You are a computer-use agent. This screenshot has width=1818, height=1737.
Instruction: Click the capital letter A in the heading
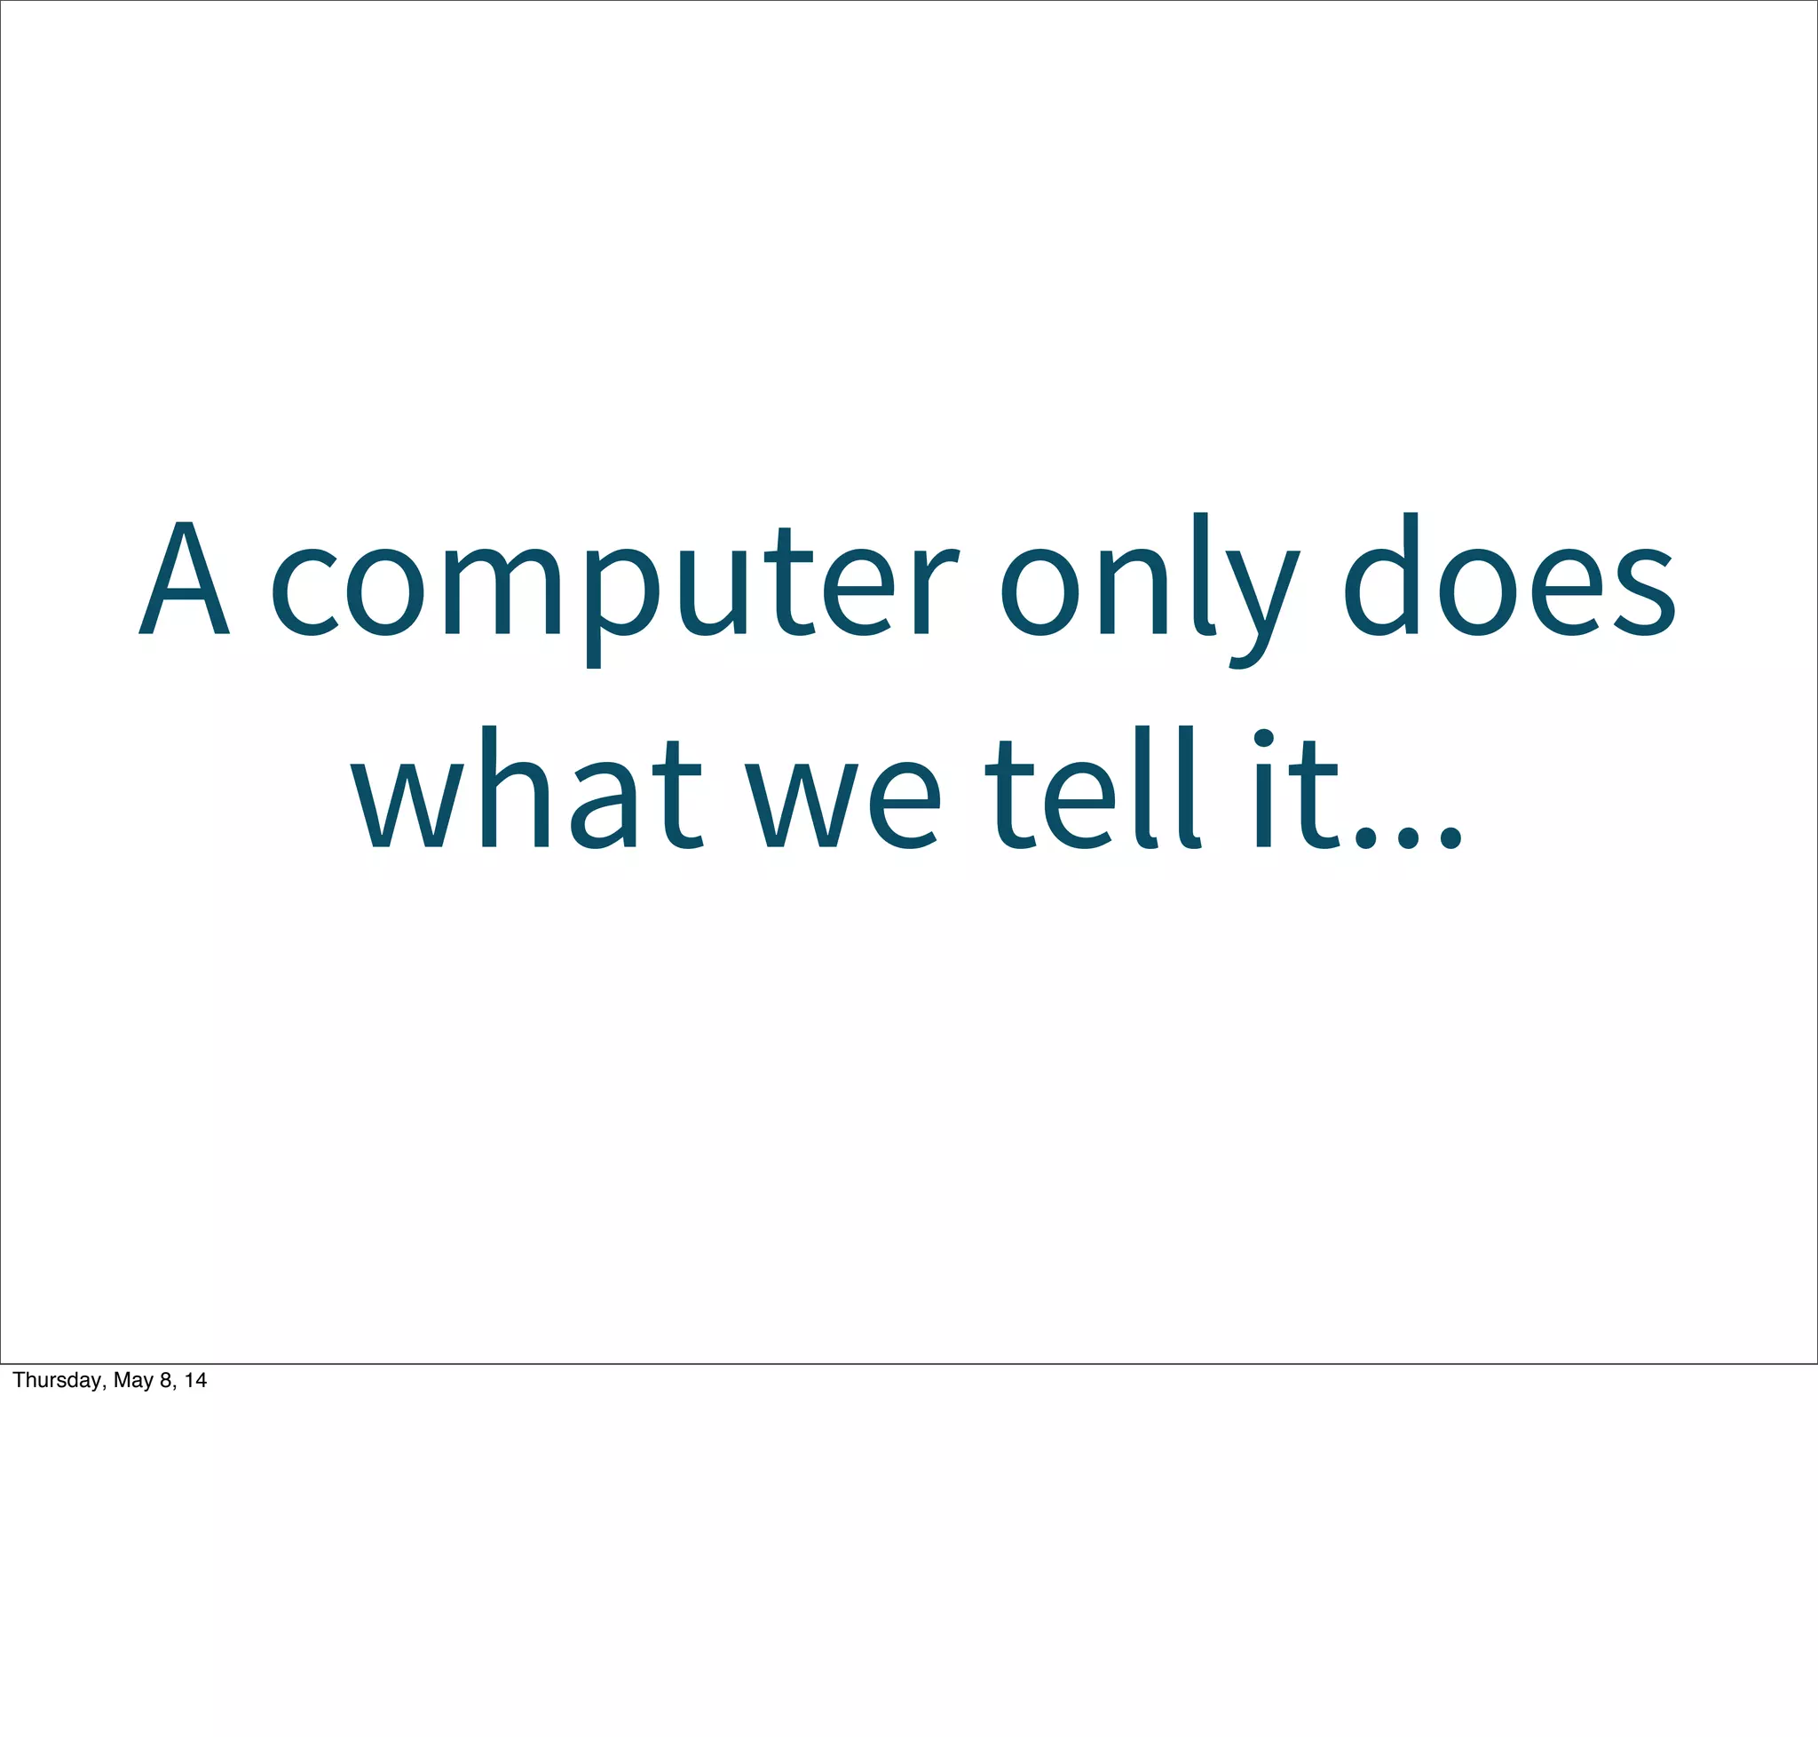pyautogui.click(x=185, y=580)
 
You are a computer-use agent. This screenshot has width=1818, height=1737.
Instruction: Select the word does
pyautogui.click(x=1509, y=578)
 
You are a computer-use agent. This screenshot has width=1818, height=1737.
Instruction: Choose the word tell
pyautogui.click(x=1092, y=790)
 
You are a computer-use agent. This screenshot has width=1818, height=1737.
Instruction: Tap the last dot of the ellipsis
pyautogui.click(x=1451, y=838)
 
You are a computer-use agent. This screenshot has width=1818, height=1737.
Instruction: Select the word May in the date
pyautogui.click(x=133, y=1381)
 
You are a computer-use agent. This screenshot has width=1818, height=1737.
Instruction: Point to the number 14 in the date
pyautogui.click(x=195, y=1381)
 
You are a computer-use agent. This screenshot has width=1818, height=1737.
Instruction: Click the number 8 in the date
pyautogui.click(x=166, y=1381)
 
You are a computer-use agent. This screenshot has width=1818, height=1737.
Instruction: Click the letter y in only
pyautogui.click(x=1263, y=606)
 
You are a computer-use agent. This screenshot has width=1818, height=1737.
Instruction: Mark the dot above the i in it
pyautogui.click(x=1263, y=738)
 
